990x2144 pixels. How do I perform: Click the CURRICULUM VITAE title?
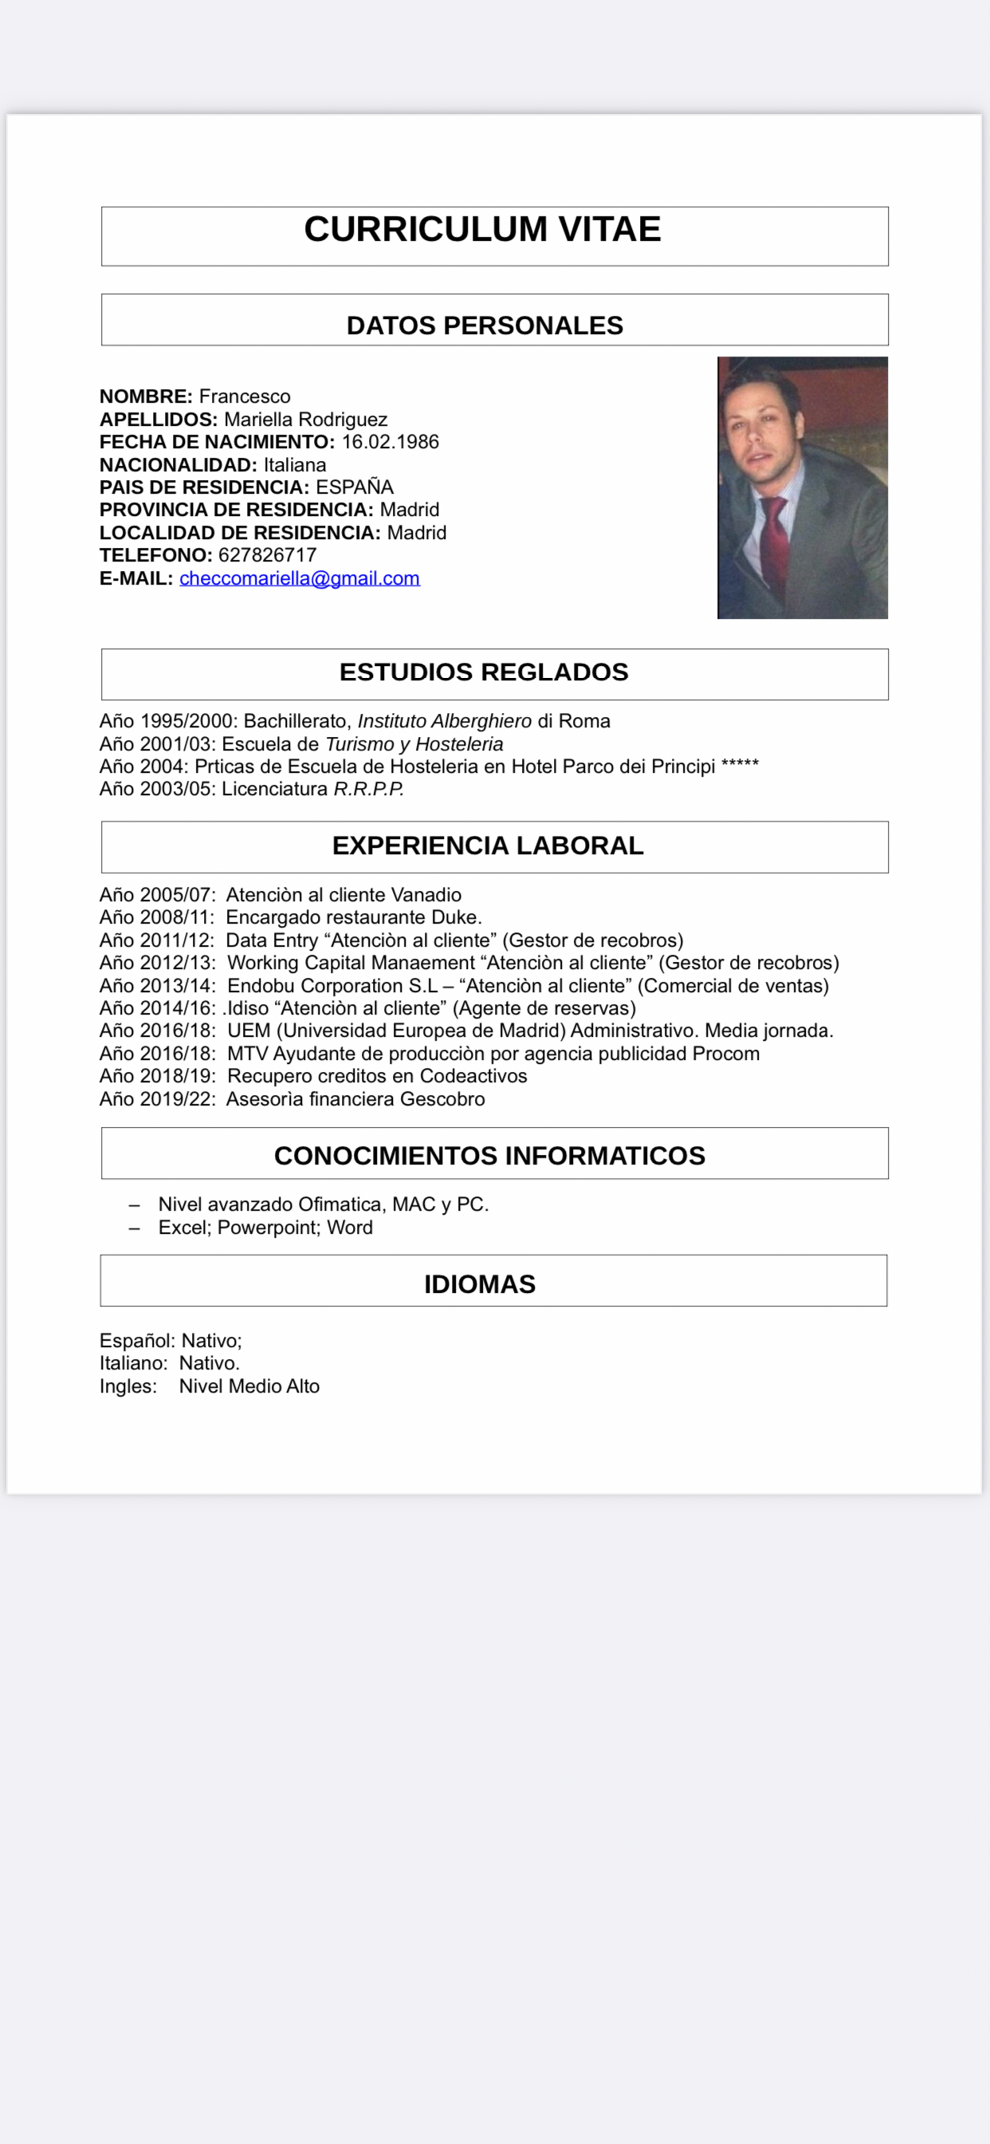pos(481,229)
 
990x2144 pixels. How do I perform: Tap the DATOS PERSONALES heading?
pos(484,325)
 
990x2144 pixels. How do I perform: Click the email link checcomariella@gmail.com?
pos(300,578)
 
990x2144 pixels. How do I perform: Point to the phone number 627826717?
pos(267,555)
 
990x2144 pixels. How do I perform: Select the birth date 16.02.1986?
pos(390,442)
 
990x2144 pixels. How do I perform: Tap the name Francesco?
pos(245,396)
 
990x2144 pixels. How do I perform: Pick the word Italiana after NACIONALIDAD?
pos(294,464)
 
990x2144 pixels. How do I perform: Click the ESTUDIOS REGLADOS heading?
pos(483,672)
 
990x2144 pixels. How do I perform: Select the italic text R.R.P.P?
pos(368,789)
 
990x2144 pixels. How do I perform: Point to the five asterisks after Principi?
pos(740,765)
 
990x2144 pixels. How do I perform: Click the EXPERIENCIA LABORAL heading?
pos(488,845)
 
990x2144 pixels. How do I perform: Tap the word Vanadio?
pos(426,895)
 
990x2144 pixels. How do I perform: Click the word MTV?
pos(247,1054)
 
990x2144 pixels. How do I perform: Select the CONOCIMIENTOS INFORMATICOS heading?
pos(489,1155)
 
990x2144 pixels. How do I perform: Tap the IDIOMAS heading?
pos(479,1284)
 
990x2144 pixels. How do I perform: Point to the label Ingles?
pos(128,1385)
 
